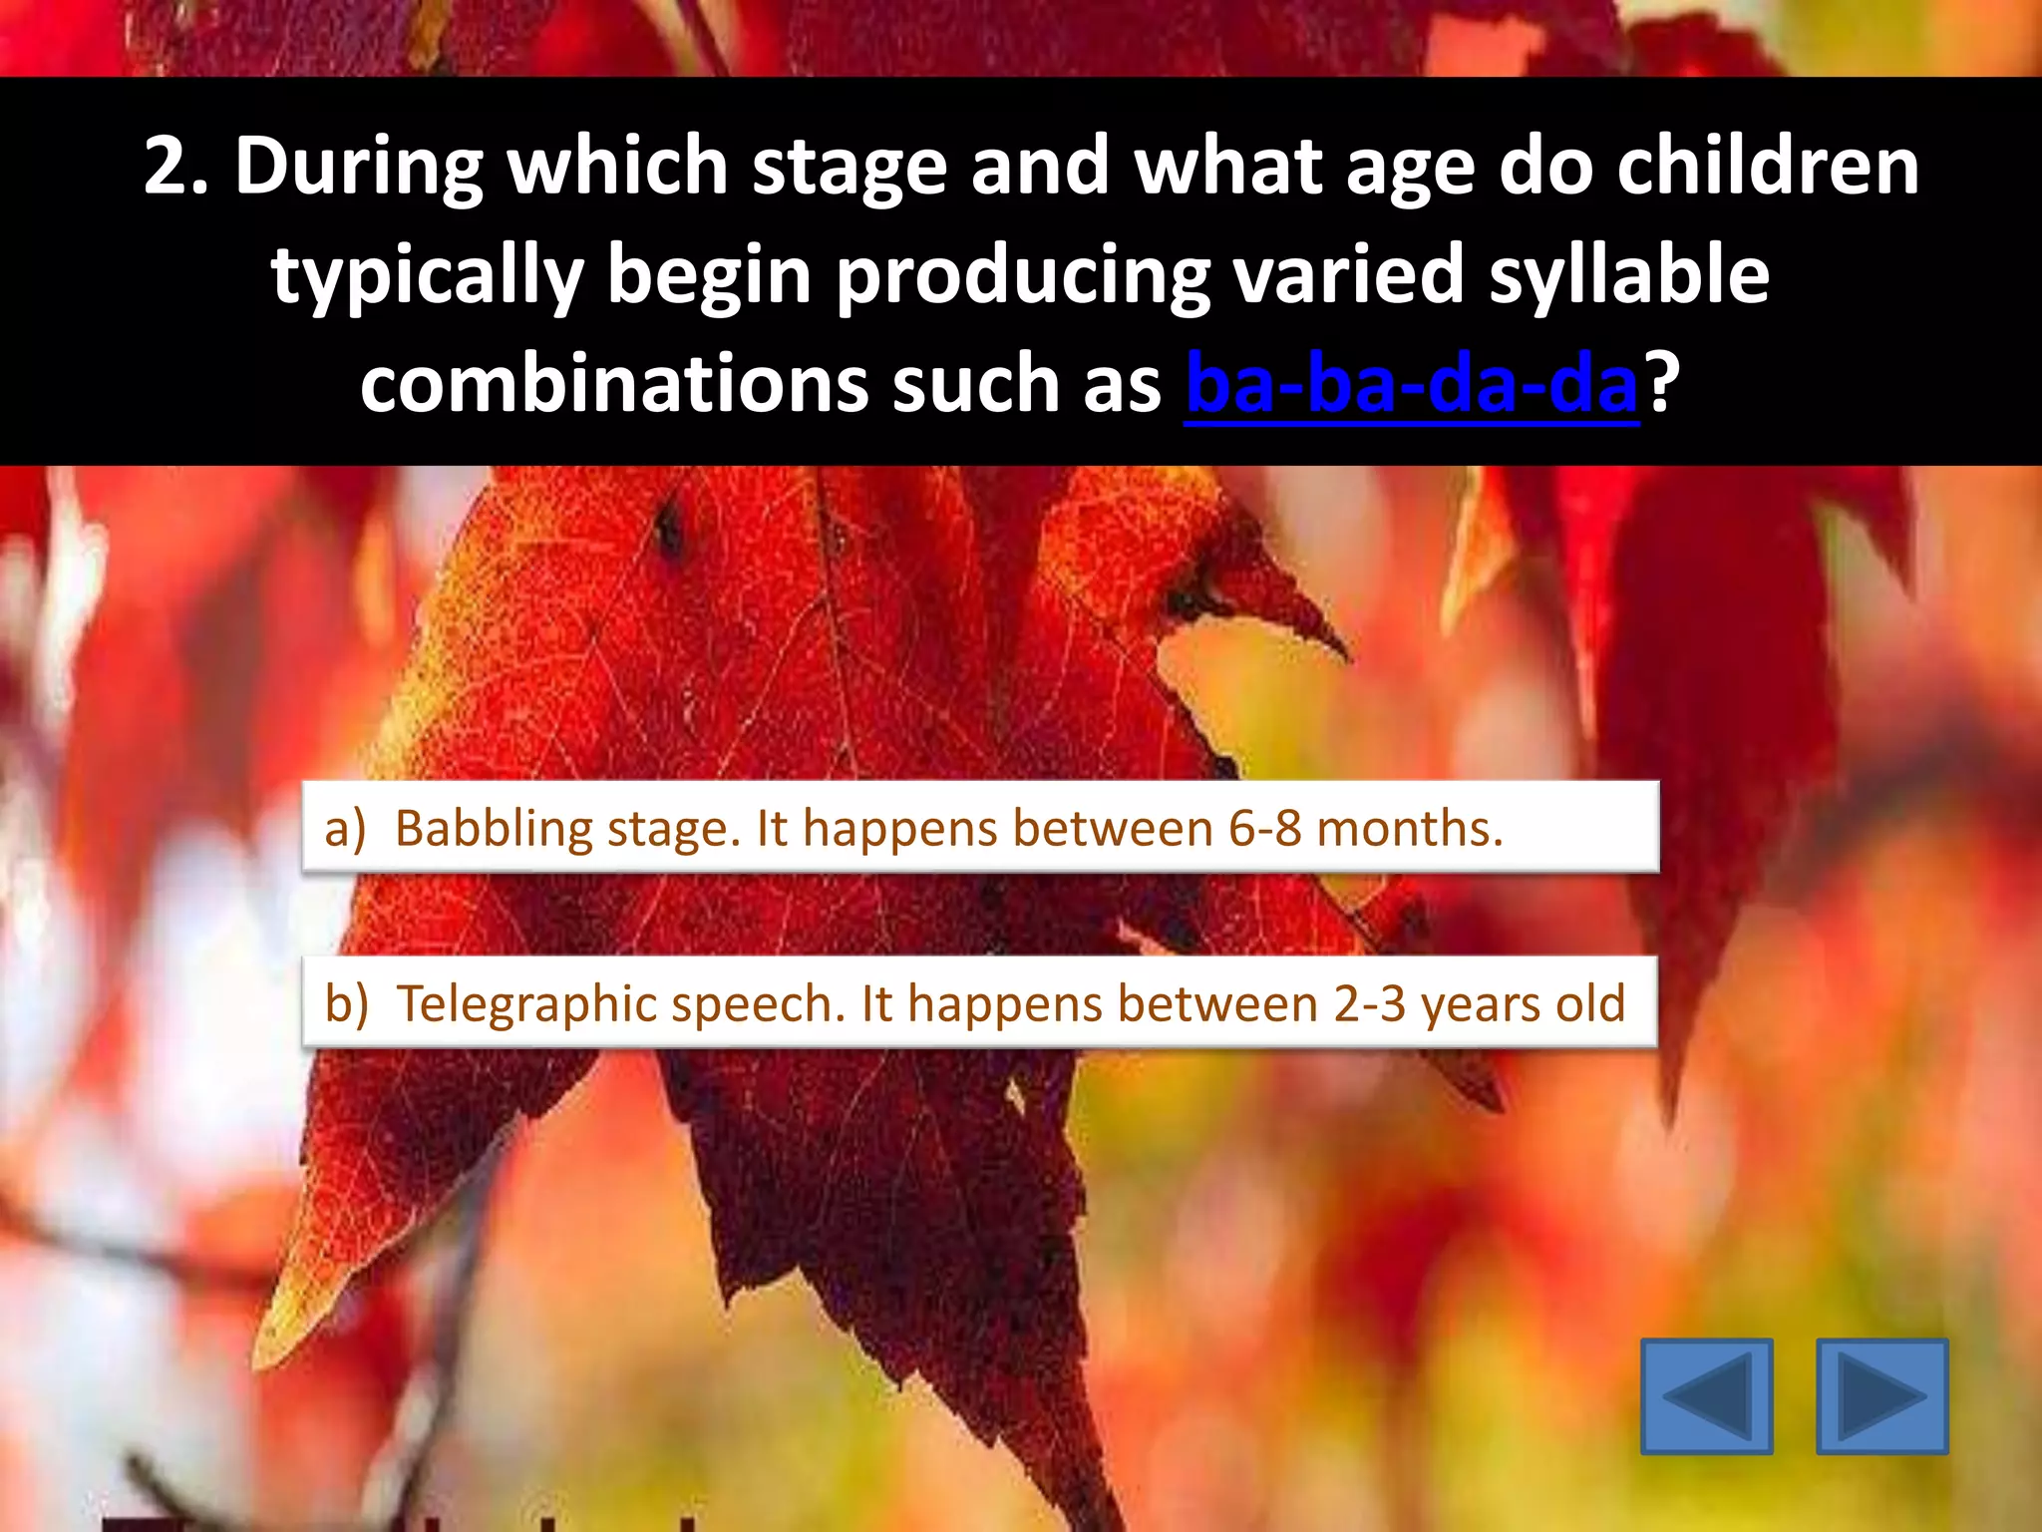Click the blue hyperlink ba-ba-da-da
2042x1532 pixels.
coord(1411,385)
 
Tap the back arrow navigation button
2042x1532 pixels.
coord(1706,1395)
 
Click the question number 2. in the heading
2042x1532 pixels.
coord(176,167)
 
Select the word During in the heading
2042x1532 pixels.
coord(359,167)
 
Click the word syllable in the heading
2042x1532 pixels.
coord(1629,275)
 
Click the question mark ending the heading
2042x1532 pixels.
coord(1660,385)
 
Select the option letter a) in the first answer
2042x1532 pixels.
coord(345,829)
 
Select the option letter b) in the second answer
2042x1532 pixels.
coord(346,1004)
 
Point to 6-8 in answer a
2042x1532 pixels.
coord(1264,829)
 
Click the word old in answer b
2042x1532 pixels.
coord(1590,1004)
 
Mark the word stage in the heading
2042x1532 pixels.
coord(849,167)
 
